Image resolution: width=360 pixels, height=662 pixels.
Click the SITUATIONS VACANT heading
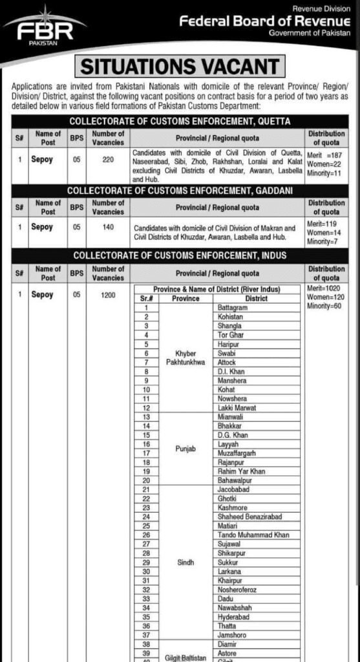pos(179,66)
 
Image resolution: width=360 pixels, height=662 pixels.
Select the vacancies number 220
pos(107,156)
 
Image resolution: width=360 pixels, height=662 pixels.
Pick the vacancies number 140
pos(107,228)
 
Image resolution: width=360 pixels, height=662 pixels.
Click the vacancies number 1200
pos(107,295)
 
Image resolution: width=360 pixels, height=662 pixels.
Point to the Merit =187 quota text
pos(324,156)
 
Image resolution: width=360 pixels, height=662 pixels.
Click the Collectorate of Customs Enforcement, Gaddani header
pos(180,191)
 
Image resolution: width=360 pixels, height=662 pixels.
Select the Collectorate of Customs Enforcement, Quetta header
pos(180,121)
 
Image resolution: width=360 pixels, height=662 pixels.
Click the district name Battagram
pos(233,308)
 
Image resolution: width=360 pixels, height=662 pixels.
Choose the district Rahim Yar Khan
pos(241,471)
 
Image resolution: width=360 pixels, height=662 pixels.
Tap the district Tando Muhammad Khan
pos(254,535)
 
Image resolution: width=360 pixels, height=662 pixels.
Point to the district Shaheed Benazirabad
pos(251,517)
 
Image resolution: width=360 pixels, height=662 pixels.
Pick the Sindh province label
pos(185,562)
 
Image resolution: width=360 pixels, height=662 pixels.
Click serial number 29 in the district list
pos(147,562)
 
